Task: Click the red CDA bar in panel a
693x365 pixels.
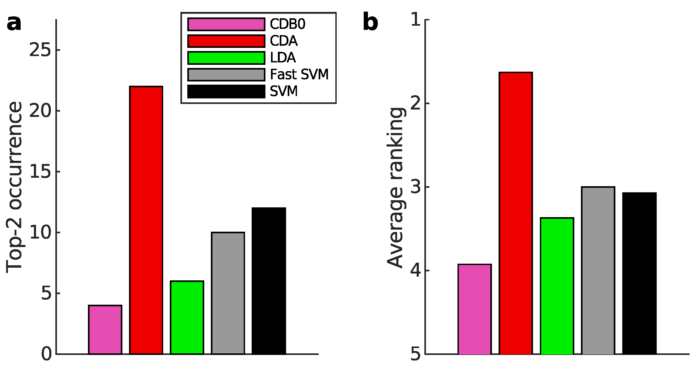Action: click(x=146, y=220)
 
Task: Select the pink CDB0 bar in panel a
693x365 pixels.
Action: click(x=105, y=330)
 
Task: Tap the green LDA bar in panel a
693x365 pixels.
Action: click(x=187, y=317)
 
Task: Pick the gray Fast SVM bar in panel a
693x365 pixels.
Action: click(x=228, y=293)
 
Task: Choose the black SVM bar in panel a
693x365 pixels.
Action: click(x=269, y=281)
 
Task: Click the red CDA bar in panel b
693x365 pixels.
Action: click(x=516, y=213)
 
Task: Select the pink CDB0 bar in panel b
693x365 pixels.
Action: click(x=474, y=309)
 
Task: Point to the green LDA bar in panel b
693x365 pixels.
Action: click(x=557, y=286)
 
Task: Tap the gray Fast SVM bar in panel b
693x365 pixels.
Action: click(x=598, y=271)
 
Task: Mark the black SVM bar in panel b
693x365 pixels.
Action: click(x=639, y=273)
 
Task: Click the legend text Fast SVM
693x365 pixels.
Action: click(x=299, y=74)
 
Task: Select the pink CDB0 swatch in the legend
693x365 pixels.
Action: click(x=226, y=24)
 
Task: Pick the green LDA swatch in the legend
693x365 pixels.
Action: click(x=226, y=58)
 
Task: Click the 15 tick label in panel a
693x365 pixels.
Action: click(x=40, y=172)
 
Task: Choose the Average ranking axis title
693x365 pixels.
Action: click(x=395, y=187)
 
